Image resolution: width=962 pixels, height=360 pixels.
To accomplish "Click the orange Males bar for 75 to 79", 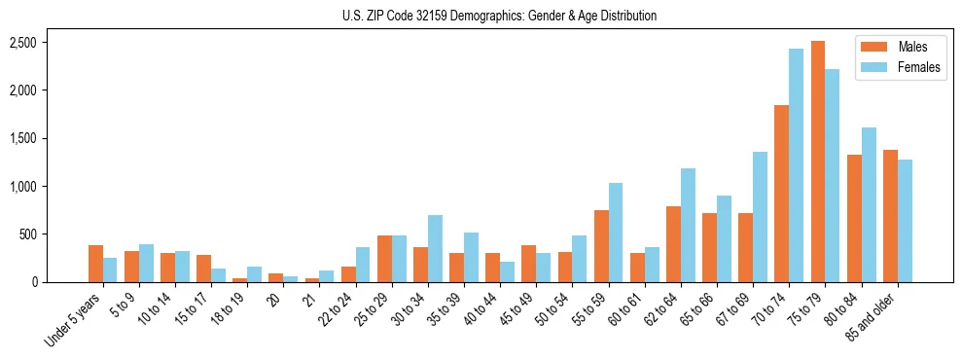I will [818, 162].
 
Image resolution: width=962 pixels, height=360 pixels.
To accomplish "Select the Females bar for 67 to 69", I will [760, 217].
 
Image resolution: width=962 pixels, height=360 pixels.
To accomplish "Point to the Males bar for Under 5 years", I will [95, 264].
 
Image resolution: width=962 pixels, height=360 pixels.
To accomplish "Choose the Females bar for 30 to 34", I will [435, 248].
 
